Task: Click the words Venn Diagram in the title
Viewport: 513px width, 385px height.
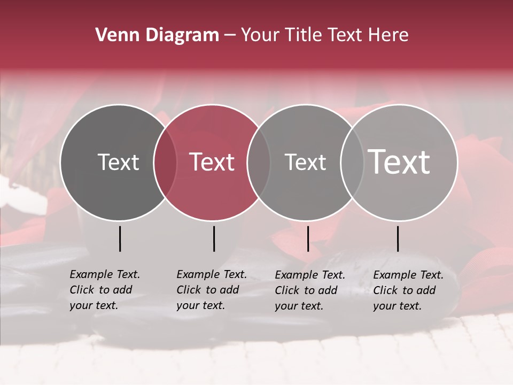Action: pyautogui.click(x=157, y=35)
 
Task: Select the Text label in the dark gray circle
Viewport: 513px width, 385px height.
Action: pyautogui.click(x=118, y=163)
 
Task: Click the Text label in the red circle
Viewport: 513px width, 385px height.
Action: pyautogui.click(x=212, y=163)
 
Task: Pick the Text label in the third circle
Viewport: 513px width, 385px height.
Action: pyautogui.click(x=305, y=163)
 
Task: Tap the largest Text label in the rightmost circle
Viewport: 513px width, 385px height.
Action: pyautogui.click(x=399, y=162)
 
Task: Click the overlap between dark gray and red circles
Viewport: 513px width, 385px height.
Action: pyautogui.click(x=165, y=162)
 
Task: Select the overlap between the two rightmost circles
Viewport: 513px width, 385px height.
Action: pyautogui.click(x=352, y=162)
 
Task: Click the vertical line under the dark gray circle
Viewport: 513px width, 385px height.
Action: pyautogui.click(x=120, y=238)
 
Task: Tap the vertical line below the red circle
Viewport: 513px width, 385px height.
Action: pyautogui.click(x=214, y=238)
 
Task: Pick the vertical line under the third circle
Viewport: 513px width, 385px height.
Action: pyautogui.click(x=308, y=238)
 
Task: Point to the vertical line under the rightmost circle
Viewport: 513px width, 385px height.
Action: pyautogui.click(x=398, y=238)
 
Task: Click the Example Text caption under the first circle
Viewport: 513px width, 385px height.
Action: pyautogui.click(x=105, y=290)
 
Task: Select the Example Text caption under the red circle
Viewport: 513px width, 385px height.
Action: pyautogui.click(x=212, y=290)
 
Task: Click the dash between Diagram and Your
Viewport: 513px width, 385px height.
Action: pyautogui.click(x=230, y=36)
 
